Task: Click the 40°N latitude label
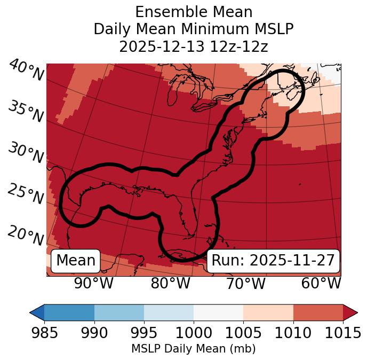26,71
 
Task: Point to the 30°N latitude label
25,153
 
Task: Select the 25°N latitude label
25,194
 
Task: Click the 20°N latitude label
25,235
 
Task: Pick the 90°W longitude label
94,283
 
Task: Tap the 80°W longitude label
170,283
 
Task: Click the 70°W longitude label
245,283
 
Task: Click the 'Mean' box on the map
76,261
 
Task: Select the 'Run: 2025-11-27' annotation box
273,261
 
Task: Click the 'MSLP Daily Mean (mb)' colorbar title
193,349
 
